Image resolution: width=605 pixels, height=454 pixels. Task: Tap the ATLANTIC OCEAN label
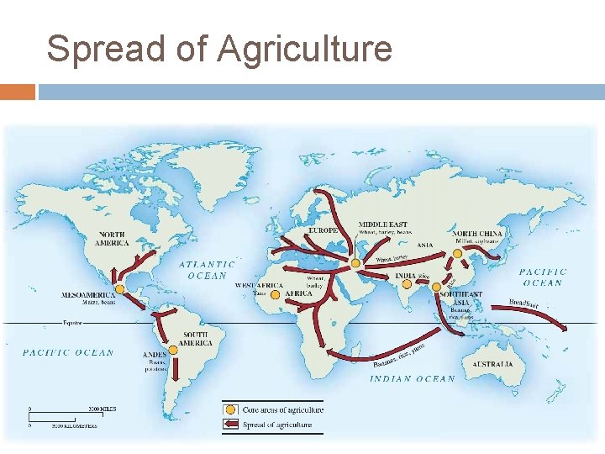[x=207, y=269]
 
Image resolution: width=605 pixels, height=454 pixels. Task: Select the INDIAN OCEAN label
[x=413, y=378]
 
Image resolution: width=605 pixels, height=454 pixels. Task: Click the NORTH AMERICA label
[x=113, y=238]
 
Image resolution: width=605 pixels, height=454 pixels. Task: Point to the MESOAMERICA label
[x=88, y=295]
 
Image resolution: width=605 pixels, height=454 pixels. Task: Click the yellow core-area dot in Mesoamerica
[x=120, y=289]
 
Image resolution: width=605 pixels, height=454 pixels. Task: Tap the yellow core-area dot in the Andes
[x=173, y=349]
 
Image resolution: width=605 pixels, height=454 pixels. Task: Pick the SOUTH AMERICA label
[x=196, y=339]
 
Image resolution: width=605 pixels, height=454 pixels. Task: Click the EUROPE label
[x=323, y=230]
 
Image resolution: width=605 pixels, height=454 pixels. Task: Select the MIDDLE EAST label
[x=383, y=224]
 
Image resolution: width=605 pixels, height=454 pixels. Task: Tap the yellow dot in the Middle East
[x=356, y=263]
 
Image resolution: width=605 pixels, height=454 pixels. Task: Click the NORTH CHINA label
[x=477, y=234]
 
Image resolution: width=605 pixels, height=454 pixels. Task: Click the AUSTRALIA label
[x=492, y=364]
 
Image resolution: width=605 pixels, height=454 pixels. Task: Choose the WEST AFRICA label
[x=260, y=286]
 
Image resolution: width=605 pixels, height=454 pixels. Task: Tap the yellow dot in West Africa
[x=276, y=294]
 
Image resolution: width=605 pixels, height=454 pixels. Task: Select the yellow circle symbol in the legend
[x=229, y=409]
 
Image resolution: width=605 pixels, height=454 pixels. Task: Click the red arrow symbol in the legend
[x=229, y=425]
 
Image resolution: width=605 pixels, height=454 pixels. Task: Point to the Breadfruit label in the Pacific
[x=523, y=304]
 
